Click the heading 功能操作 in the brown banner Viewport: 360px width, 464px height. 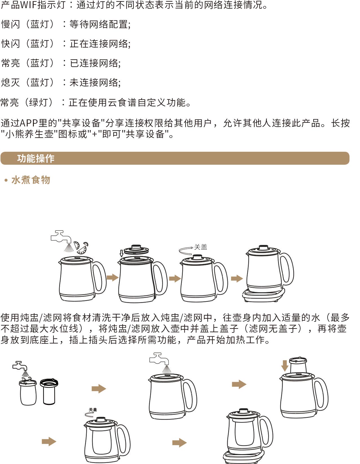coord(36,159)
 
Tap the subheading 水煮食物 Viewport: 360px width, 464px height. coord(31,180)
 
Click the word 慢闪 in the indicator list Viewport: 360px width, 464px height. coord(10,24)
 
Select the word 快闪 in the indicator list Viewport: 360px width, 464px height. coord(10,44)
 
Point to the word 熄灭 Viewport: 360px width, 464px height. coord(10,82)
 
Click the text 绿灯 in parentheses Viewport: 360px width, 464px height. coord(39,102)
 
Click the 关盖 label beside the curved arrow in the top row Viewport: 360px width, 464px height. coord(201,247)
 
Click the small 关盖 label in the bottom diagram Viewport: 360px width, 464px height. coord(93,410)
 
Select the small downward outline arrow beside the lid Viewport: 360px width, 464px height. coord(121,253)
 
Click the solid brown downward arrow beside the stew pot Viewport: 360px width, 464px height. coord(285,366)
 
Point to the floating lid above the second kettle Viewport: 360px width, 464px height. coord(136,249)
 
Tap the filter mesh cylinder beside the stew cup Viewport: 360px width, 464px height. coord(49,392)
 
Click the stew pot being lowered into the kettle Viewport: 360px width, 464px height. coord(298,365)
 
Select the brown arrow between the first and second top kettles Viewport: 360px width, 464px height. coord(113,277)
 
